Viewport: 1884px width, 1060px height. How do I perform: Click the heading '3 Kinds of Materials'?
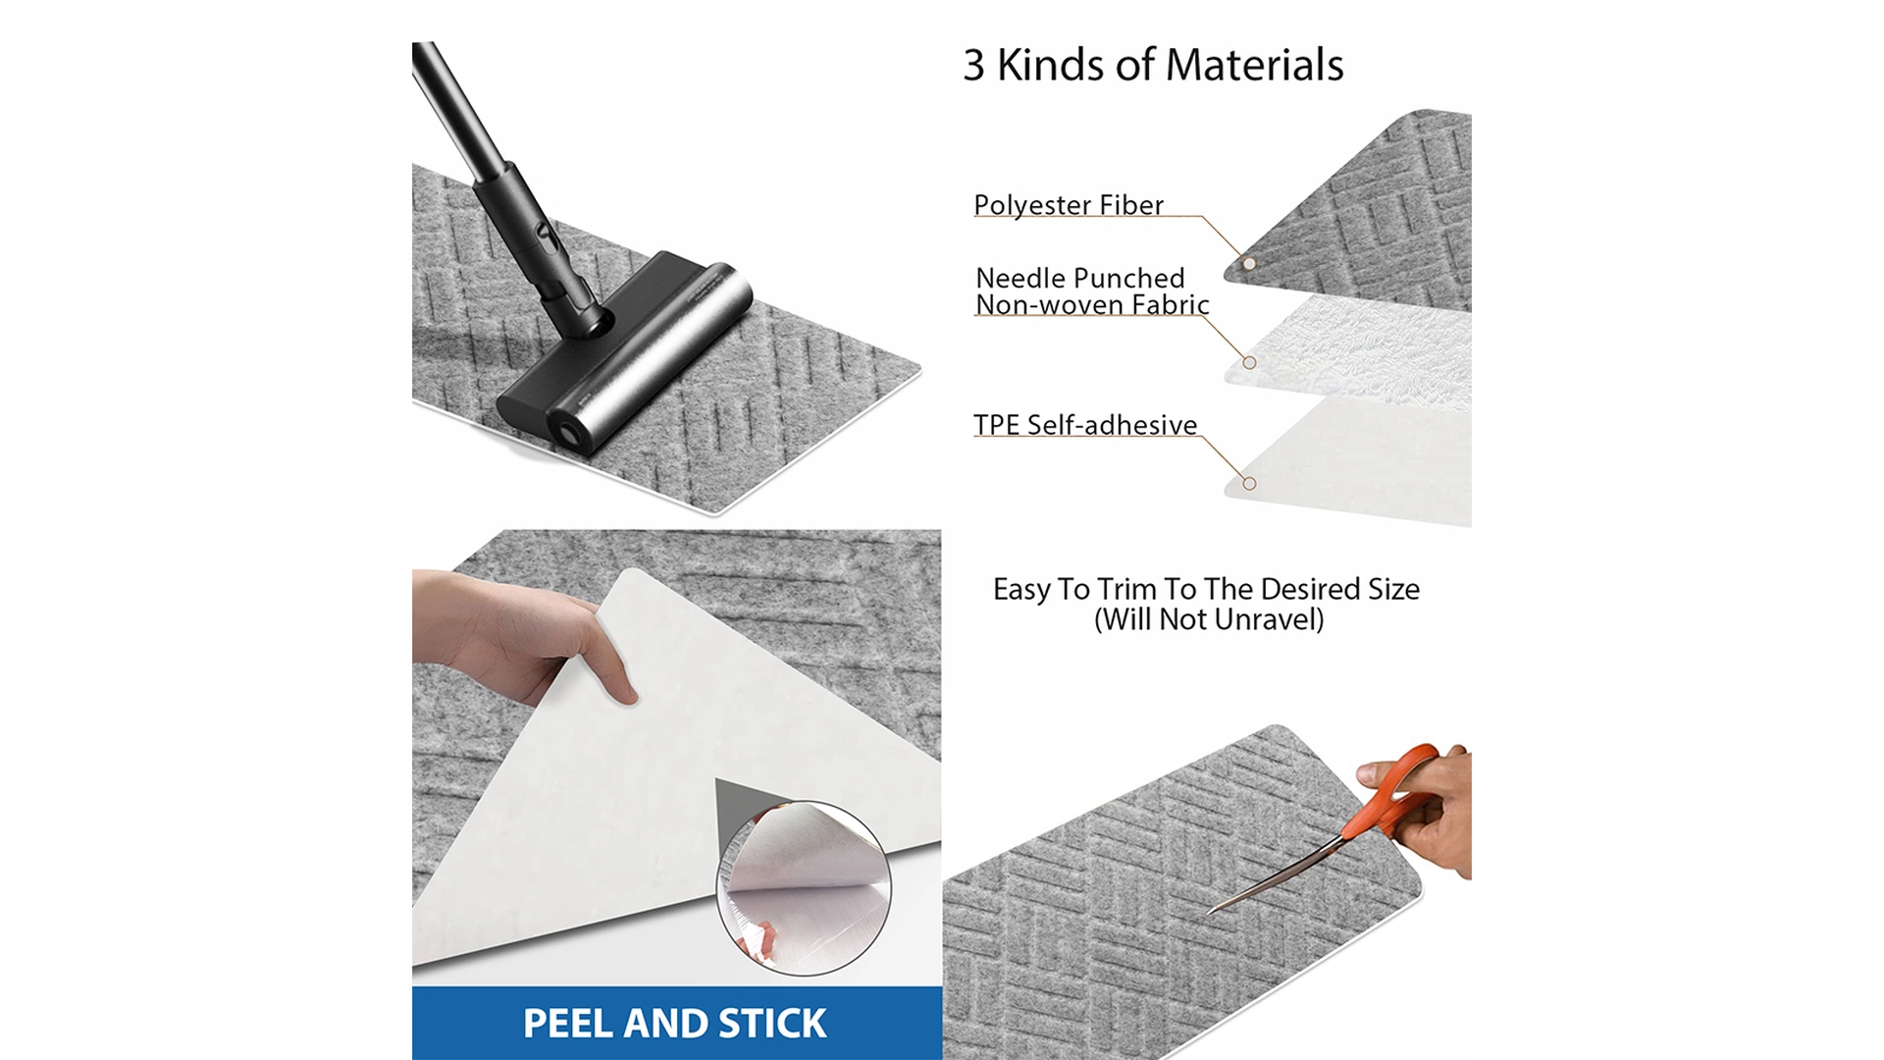pyautogui.click(x=1153, y=65)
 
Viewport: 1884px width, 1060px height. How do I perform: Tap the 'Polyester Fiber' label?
pyautogui.click(x=1068, y=205)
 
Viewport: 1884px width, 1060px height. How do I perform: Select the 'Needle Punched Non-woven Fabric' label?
pyautogui.click(x=1090, y=291)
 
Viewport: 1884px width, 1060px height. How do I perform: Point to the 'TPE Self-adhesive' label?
pyautogui.click(x=1084, y=425)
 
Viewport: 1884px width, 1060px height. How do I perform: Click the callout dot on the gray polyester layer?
pyautogui.click(x=1249, y=263)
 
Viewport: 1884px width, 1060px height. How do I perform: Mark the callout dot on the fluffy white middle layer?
pyautogui.click(x=1249, y=362)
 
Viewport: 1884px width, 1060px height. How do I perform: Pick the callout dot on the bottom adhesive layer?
pyautogui.click(x=1249, y=483)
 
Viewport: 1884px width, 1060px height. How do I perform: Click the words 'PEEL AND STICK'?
pyautogui.click(x=674, y=1023)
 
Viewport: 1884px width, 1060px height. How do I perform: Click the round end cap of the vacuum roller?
pyautogui.click(x=568, y=432)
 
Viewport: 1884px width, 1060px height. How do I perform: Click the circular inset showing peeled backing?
pyautogui.click(x=804, y=888)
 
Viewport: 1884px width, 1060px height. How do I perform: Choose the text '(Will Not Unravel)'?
pyautogui.click(x=1208, y=619)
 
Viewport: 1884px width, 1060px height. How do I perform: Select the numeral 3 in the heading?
pyautogui.click(x=972, y=66)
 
